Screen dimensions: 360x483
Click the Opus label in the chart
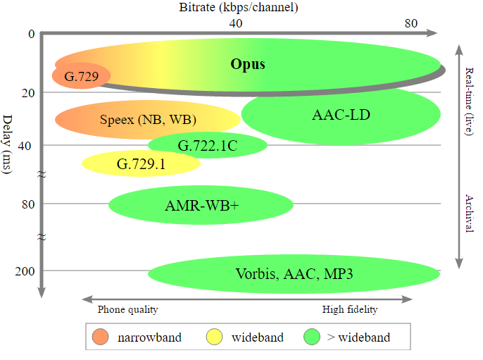[248, 64]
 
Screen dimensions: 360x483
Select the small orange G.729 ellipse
[80, 75]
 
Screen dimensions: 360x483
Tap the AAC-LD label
[341, 114]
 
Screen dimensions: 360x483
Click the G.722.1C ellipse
[207, 146]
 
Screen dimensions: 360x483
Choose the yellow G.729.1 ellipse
[141, 163]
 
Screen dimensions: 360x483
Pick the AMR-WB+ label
[201, 206]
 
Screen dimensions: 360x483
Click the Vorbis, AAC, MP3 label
[294, 273]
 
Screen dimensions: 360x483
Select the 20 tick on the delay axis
[27, 93]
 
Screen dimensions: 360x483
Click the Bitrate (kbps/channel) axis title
[239, 8]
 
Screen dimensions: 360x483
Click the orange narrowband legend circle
[101, 337]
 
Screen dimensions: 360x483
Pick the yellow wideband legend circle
[215, 337]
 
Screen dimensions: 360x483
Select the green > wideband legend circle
[312, 337]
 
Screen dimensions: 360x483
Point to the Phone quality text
[127, 309]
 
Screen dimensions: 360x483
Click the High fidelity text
[350, 309]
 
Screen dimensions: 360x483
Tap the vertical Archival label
[470, 211]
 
